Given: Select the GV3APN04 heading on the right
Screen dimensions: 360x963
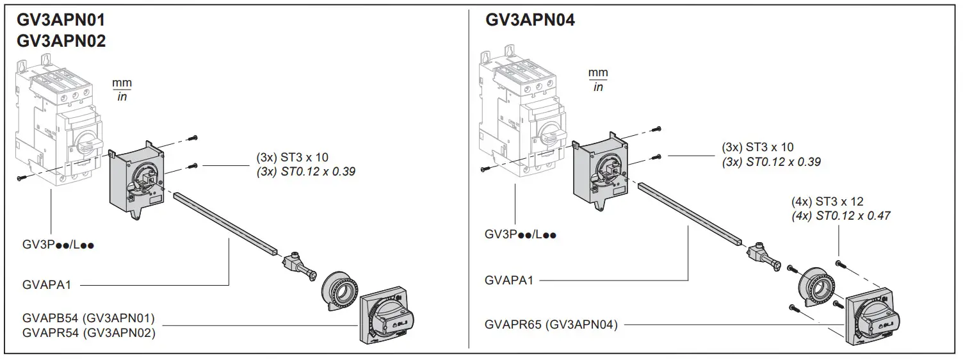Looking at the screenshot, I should [x=530, y=20].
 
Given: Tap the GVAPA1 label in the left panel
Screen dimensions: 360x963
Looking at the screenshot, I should [x=47, y=284].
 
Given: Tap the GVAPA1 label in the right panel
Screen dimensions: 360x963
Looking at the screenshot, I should [x=509, y=280].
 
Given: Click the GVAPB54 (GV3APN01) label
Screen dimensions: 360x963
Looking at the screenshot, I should [x=88, y=318].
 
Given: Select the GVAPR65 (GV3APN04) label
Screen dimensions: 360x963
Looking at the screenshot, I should [x=551, y=325].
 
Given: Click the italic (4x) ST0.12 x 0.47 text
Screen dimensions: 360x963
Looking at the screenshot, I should [x=841, y=216].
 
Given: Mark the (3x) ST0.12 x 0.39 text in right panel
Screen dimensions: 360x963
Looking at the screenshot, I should [x=771, y=162].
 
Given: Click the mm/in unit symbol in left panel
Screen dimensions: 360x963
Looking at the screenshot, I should [x=121, y=90].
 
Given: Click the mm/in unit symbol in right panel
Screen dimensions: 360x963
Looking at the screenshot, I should [x=598, y=79].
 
